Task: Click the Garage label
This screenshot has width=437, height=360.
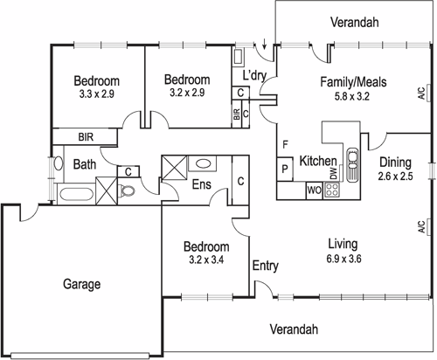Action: (80, 284)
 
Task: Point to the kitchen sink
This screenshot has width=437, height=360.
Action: (354, 162)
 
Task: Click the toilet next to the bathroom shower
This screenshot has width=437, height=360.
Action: (128, 190)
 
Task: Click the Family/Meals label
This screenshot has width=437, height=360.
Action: (353, 82)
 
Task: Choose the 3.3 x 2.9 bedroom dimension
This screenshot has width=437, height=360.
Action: (97, 92)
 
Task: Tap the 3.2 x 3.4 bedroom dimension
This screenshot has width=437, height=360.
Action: (206, 259)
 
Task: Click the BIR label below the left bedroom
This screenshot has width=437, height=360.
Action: (87, 137)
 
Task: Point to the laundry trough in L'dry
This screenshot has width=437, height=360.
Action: (239, 57)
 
